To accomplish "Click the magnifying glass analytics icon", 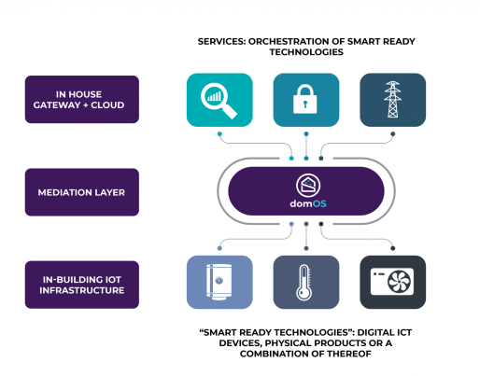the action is tap(219, 100).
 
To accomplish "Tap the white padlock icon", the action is tap(305, 99).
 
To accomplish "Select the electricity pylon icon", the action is tap(392, 99).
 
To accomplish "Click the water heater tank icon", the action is tap(219, 282).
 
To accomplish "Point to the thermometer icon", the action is tap(304, 283).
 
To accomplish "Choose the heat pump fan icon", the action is tap(392, 282).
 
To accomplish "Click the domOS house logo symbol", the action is tap(308, 186).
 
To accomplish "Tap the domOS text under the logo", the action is tap(308, 204).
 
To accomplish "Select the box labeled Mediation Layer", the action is tap(82, 192).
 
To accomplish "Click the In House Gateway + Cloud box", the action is tap(82, 99).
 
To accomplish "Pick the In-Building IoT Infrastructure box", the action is tap(82, 285).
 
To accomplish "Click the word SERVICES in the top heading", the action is tap(221, 41).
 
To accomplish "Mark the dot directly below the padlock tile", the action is tap(306, 134).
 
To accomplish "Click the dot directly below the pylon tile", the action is tap(393, 134).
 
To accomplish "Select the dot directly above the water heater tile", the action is tap(219, 248).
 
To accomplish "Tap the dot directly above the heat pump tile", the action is tap(393, 248).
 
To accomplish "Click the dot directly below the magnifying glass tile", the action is tap(219, 134).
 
